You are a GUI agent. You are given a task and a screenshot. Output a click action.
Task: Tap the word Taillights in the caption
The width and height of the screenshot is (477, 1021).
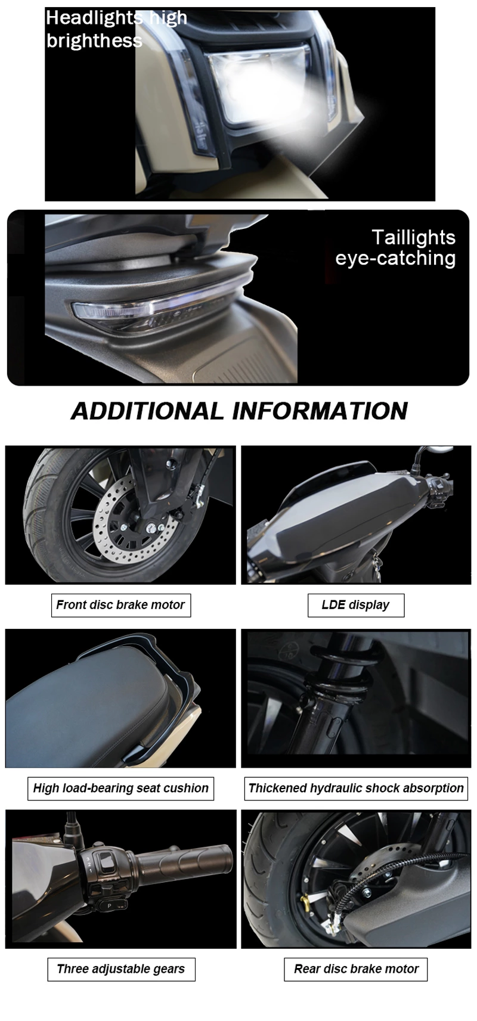[x=413, y=237]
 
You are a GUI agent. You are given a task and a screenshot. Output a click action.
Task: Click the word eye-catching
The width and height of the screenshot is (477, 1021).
[x=395, y=258]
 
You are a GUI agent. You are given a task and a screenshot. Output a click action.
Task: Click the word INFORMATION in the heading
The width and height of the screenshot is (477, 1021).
[x=320, y=411]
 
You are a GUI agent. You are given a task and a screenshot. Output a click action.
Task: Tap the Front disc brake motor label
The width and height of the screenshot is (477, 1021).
[x=120, y=605]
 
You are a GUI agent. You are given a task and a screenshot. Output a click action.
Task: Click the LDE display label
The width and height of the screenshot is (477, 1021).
[x=355, y=605]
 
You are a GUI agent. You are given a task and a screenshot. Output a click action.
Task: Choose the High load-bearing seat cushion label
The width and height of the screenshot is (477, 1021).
[x=120, y=788]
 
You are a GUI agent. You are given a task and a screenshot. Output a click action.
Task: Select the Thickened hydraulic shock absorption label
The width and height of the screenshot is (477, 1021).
[x=356, y=788]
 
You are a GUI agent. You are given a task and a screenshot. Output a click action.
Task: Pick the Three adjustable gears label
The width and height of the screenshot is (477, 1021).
[x=121, y=969]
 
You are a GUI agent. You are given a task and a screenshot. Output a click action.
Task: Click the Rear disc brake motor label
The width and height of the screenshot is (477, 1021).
[x=356, y=969]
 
